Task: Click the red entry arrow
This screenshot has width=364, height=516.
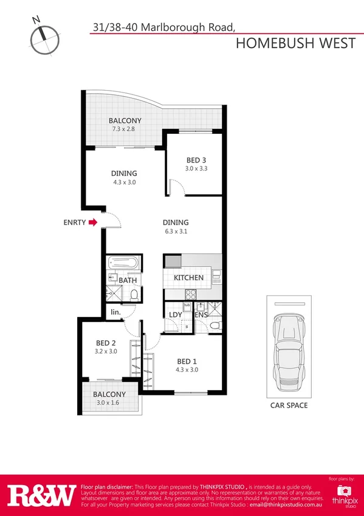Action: (92, 223)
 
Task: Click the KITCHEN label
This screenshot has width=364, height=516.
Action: (188, 277)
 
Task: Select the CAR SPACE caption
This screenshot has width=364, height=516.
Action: (289, 405)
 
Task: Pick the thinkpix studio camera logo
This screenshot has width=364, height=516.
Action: (346, 491)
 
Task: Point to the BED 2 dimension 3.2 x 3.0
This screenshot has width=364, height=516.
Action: (106, 351)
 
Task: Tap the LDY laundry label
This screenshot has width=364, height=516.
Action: (176, 315)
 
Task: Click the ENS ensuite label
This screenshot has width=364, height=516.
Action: (201, 315)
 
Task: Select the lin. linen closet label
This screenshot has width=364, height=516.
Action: (115, 313)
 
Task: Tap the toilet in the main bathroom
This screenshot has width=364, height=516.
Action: (134, 295)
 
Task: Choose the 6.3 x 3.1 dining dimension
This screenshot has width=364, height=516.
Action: (175, 232)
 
